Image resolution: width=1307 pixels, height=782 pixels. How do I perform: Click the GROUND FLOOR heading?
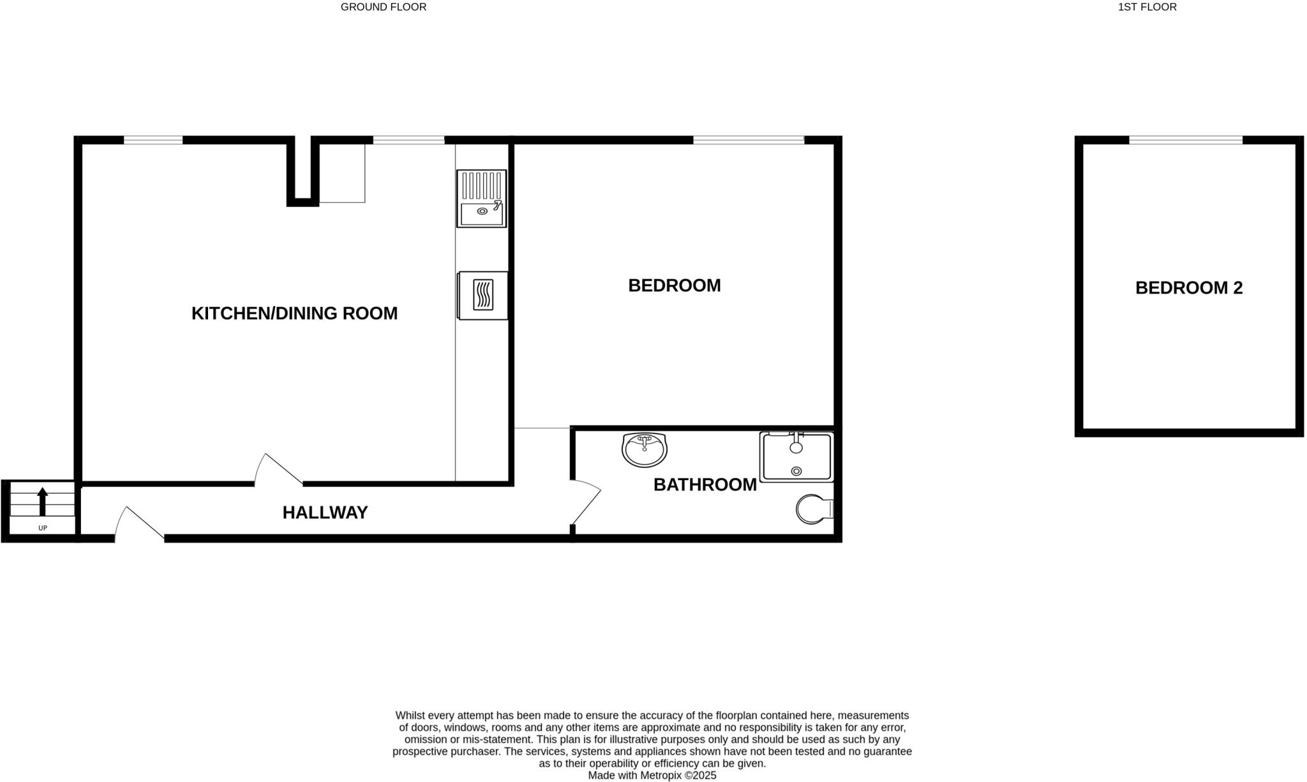click(x=383, y=7)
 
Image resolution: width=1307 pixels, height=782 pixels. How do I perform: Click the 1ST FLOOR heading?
click(x=1147, y=7)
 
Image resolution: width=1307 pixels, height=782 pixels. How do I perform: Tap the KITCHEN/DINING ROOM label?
click(x=294, y=313)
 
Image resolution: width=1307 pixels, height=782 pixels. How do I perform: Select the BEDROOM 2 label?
click(x=1188, y=288)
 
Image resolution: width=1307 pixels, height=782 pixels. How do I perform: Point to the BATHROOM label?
click(x=705, y=485)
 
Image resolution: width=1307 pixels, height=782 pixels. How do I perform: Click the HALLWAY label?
click(x=325, y=513)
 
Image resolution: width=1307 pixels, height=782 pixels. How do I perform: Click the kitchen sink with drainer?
click(x=481, y=199)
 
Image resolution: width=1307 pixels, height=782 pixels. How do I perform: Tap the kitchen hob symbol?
click(x=483, y=295)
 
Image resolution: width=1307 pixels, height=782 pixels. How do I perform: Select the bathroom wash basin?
click(x=645, y=449)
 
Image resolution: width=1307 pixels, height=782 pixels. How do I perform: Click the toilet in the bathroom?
click(x=814, y=509)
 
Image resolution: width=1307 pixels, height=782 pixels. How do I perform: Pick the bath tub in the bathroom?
click(x=796, y=456)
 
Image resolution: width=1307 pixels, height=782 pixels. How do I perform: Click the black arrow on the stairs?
click(x=43, y=501)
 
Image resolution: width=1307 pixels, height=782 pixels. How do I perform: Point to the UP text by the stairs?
click(x=43, y=528)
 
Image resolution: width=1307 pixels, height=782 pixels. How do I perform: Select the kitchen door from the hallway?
click(x=278, y=470)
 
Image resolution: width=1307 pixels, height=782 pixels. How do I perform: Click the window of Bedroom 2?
click(x=1185, y=140)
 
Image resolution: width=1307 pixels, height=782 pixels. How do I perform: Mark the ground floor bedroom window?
click(x=748, y=140)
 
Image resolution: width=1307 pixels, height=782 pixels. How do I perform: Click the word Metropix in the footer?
click(x=659, y=776)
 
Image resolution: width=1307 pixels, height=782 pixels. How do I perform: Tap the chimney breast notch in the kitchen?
click(x=302, y=171)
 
